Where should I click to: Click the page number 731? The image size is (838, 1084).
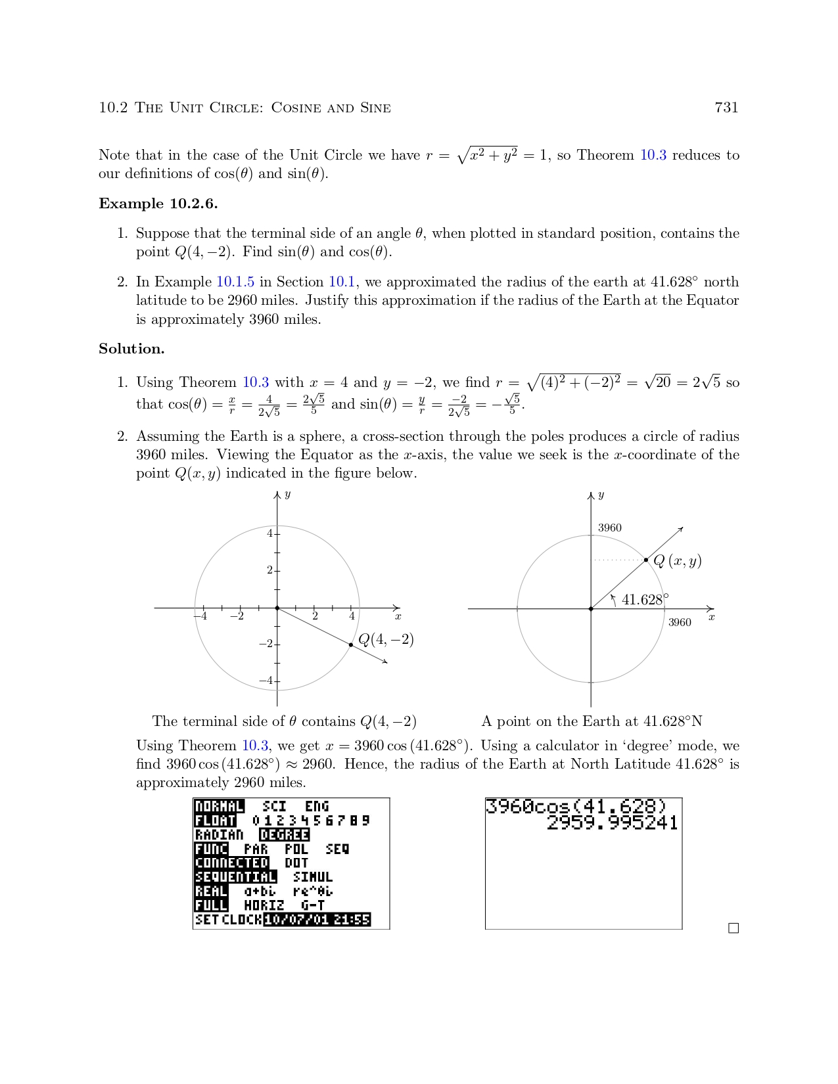click(726, 108)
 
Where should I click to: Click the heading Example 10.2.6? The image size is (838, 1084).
click(158, 204)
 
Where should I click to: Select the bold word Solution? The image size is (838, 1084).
click(131, 349)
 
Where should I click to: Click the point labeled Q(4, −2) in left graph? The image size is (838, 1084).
click(351, 644)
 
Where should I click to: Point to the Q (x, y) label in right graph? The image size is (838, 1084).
click(677, 561)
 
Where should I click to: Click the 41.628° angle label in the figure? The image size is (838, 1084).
click(645, 599)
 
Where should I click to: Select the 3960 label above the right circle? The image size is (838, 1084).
click(609, 528)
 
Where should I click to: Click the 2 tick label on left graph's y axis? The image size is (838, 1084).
click(269, 570)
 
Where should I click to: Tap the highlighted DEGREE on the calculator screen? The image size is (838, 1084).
click(284, 835)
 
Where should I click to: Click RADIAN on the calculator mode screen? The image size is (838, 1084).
click(219, 835)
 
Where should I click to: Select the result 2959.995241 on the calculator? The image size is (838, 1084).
click(612, 823)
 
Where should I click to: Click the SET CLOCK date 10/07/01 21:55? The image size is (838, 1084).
click(317, 920)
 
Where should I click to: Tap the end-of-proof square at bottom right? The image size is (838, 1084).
click(733, 928)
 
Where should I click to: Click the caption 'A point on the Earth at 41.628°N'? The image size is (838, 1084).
click(592, 721)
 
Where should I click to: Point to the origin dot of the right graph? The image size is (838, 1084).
click(591, 609)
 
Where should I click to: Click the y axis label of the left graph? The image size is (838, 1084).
click(287, 494)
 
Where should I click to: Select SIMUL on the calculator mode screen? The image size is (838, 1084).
click(313, 877)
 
